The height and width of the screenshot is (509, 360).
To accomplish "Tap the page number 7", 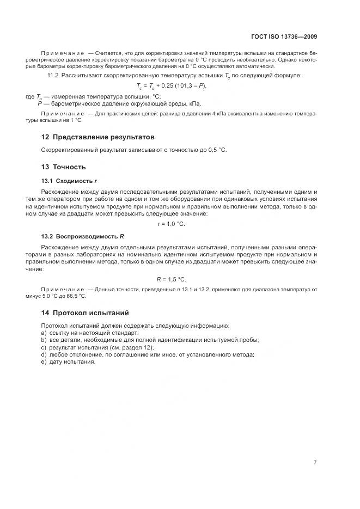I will click(315, 462).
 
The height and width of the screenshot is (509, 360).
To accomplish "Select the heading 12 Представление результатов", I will click(98, 137).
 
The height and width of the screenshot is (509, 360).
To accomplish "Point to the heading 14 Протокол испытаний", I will click(85, 313).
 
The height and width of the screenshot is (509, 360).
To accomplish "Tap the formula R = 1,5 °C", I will click(179, 279).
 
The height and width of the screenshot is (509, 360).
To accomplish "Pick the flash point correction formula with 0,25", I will click(179, 86).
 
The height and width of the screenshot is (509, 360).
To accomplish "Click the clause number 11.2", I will click(53, 75).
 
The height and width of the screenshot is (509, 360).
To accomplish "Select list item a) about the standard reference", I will click(90, 333).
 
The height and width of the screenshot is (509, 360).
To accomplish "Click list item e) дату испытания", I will click(68, 363).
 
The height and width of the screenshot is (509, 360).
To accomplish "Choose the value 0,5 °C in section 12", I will click(215, 150).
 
